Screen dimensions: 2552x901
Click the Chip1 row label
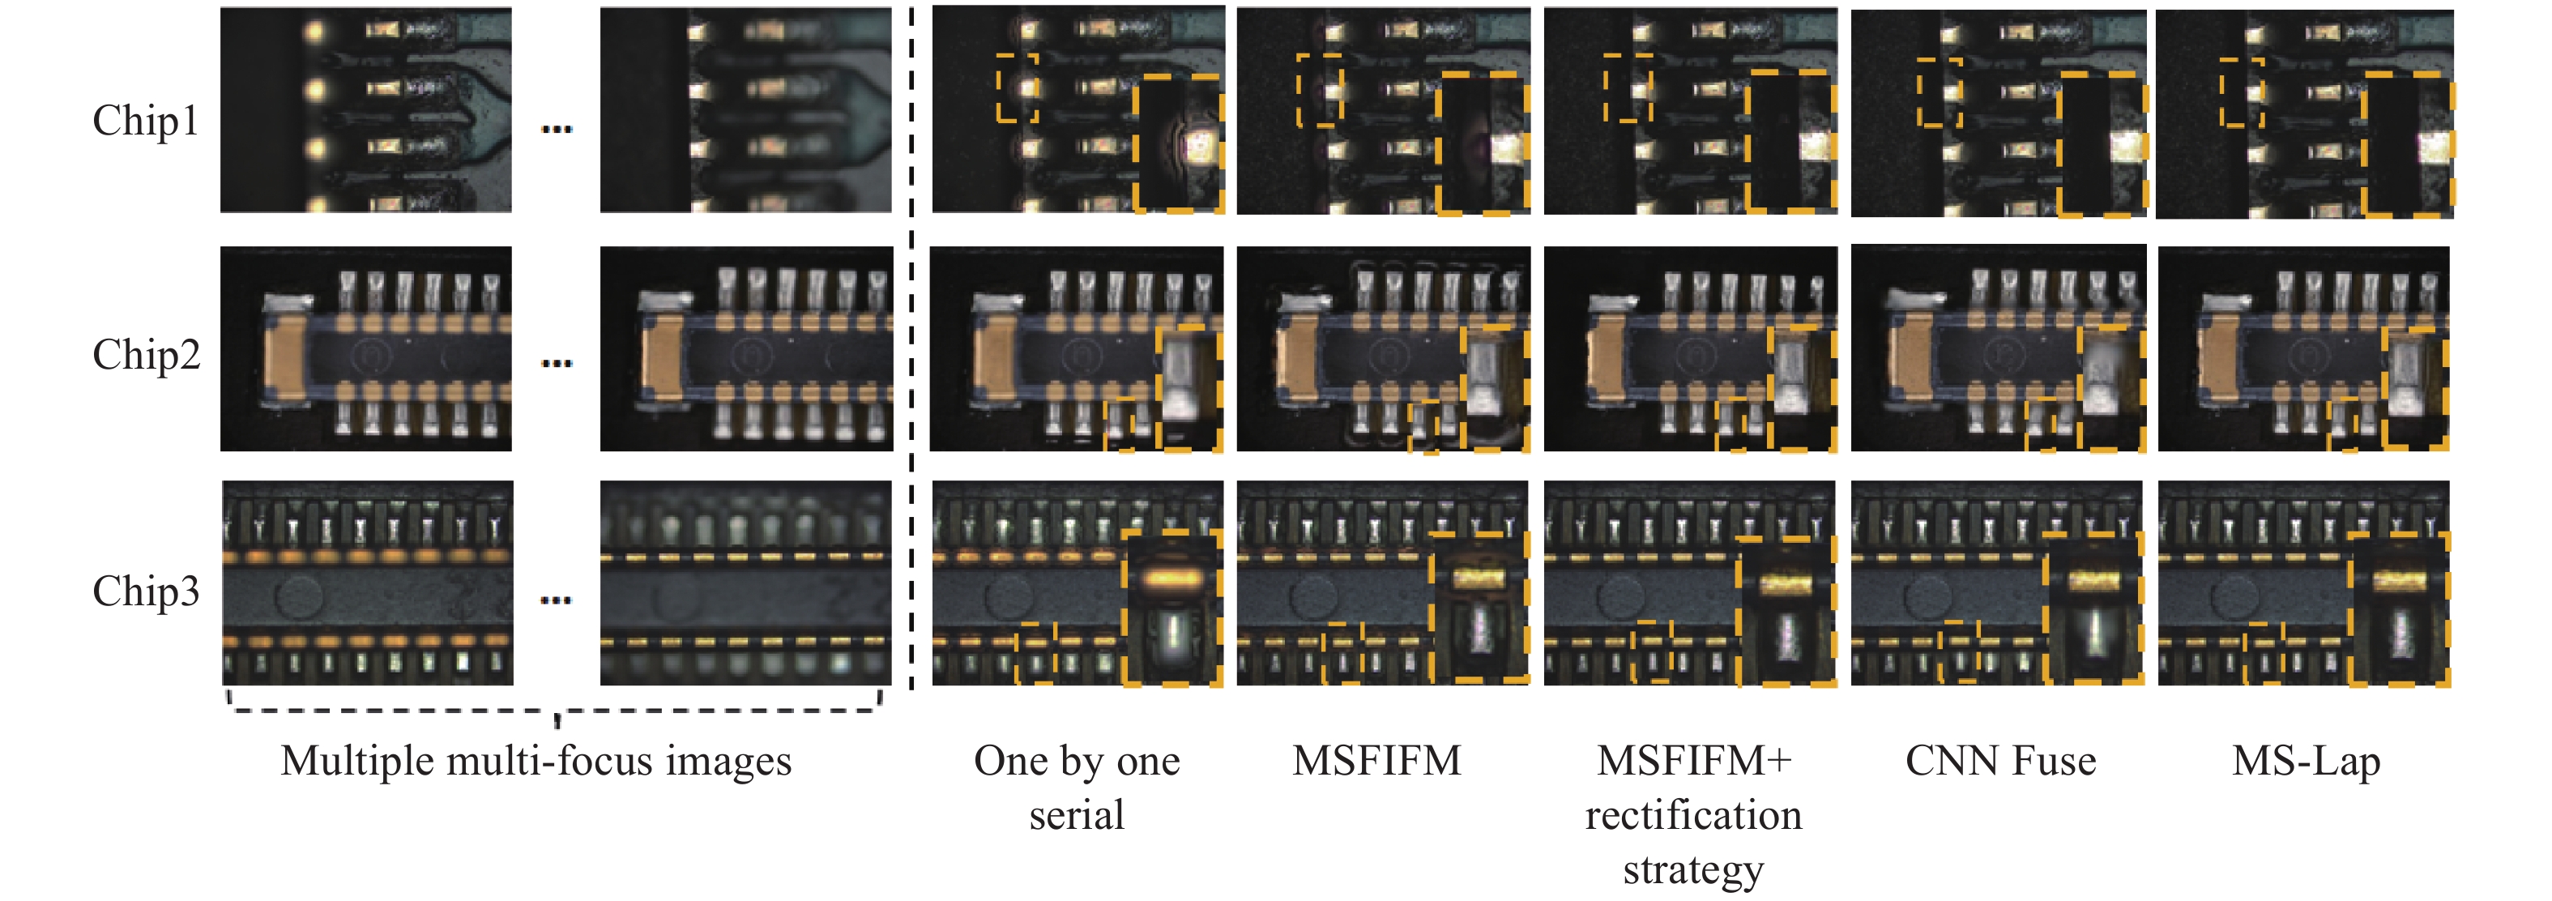click(146, 121)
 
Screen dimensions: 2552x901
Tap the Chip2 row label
click(146, 354)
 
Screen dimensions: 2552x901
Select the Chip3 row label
click(146, 591)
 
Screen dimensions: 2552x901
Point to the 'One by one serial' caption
click(1077, 787)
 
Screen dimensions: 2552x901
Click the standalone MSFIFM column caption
click(1377, 760)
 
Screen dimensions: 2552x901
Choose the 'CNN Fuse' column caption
click(2000, 760)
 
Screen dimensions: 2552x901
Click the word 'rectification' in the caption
click(1693, 815)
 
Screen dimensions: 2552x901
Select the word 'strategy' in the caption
click(1693, 870)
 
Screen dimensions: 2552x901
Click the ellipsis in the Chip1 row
click(557, 129)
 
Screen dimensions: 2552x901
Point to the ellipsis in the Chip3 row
click(557, 600)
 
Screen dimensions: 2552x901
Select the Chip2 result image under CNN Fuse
click(1998, 348)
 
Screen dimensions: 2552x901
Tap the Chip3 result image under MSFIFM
click(1383, 583)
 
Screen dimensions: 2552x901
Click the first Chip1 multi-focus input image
click(365, 110)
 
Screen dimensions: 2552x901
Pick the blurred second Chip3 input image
click(746, 583)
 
